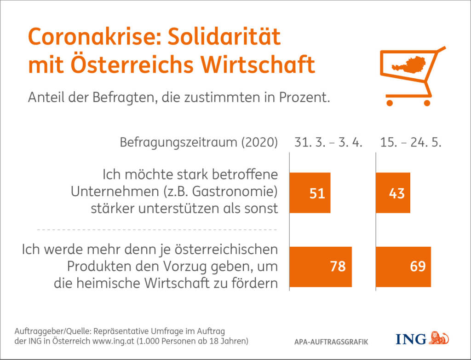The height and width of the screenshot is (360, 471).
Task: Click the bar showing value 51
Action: pyautogui.click(x=310, y=193)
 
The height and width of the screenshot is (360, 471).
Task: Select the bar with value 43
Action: pyautogui.click(x=393, y=193)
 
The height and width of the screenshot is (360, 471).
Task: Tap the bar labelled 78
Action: pyautogui.click(x=321, y=267)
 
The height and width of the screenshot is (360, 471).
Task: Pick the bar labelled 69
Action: pyautogui.click(x=403, y=267)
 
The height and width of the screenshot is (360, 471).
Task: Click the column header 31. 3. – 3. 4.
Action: pyautogui.click(x=328, y=142)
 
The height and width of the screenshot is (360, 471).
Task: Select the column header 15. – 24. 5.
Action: pyautogui.click(x=411, y=142)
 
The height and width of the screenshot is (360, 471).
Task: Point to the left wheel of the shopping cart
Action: pyautogui.click(x=390, y=103)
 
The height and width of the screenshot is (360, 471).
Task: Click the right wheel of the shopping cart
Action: pyautogui.click(x=426, y=103)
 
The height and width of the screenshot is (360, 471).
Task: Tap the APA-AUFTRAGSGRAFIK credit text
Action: pyautogui.click(x=331, y=343)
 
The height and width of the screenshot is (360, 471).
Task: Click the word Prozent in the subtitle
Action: pyautogui.click(x=305, y=98)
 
